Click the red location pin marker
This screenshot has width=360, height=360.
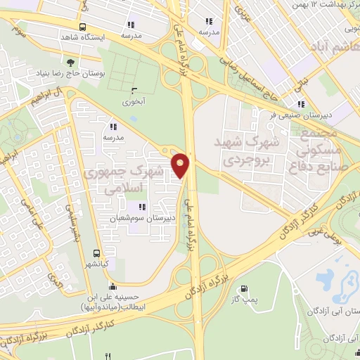tap(181, 165)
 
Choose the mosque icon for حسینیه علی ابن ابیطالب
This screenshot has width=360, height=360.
tap(112, 287)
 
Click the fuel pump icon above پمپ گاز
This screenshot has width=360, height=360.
tap(244, 288)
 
